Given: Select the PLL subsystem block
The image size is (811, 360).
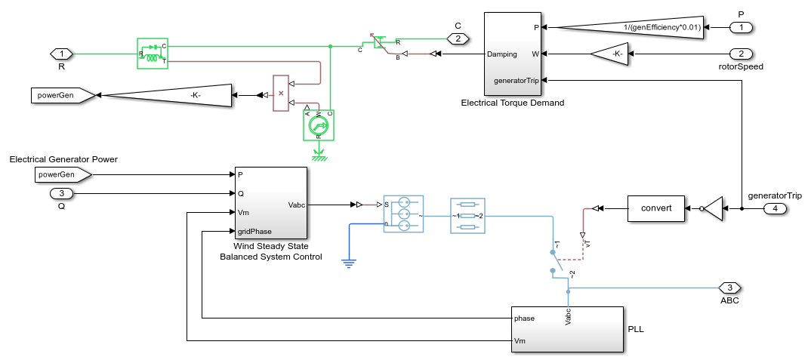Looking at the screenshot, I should click(x=567, y=329).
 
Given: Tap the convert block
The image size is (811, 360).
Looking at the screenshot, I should click(x=655, y=208).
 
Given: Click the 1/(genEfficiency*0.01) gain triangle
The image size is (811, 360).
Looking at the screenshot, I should click(x=634, y=28).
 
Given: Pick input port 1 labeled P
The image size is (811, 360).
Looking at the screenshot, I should click(x=742, y=28).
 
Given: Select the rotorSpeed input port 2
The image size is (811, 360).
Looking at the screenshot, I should click(x=742, y=54).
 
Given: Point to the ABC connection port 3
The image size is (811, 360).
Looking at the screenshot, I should click(x=729, y=288).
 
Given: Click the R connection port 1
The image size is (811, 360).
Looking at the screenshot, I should click(x=61, y=54).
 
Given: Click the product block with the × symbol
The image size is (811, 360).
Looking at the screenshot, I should click(x=280, y=94).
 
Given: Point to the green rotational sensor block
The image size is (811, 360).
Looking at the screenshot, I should click(x=319, y=126).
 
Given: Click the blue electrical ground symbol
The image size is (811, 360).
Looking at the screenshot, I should click(x=348, y=263).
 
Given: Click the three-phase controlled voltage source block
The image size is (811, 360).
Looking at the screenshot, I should click(x=403, y=214).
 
